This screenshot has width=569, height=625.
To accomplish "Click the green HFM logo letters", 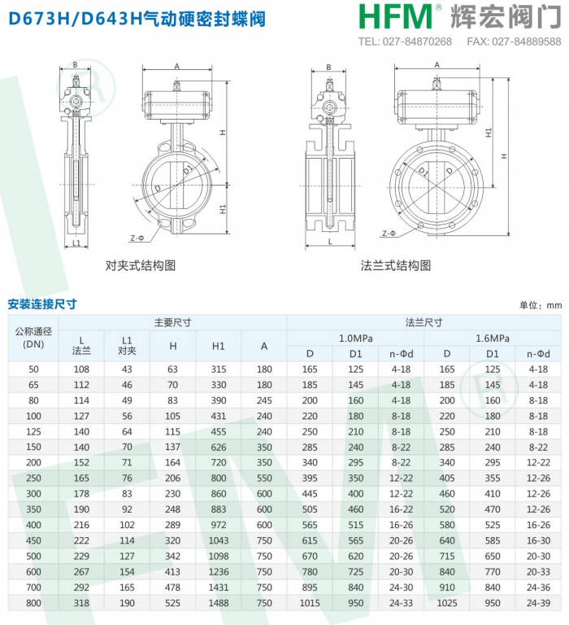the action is tap(395, 17).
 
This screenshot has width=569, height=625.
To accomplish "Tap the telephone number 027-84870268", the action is tap(417, 42).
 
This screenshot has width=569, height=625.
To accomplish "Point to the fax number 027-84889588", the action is tap(527, 42).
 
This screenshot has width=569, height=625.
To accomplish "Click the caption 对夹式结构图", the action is tap(140, 265).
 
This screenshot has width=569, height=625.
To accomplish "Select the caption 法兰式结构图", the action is tap(396, 265).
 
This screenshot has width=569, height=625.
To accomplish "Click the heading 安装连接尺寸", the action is tap(42, 304).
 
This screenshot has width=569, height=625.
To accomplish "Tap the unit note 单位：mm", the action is tap(541, 305).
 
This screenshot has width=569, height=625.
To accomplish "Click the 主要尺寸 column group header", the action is tap(172, 322).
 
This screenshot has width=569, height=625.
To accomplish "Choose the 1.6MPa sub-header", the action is tap(493, 339).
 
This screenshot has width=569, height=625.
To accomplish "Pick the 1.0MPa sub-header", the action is tap(355, 339).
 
